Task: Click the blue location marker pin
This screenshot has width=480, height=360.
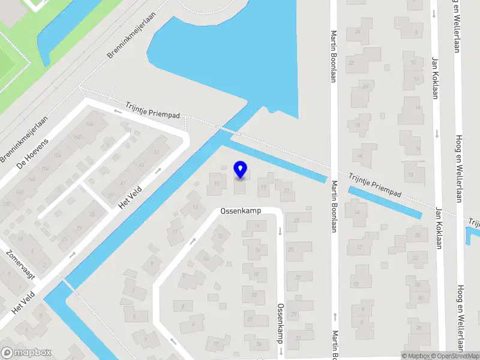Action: (x=241, y=169)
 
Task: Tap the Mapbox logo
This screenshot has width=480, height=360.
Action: (x=26, y=353)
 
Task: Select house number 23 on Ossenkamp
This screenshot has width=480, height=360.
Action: (x=296, y=221)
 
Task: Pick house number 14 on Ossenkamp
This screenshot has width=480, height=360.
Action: (x=257, y=225)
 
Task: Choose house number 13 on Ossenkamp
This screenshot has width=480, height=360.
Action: (x=196, y=207)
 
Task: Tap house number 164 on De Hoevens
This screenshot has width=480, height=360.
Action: (x=90, y=124)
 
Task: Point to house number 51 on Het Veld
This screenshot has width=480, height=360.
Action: (x=157, y=152)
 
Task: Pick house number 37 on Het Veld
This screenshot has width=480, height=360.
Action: (x=111, y=195)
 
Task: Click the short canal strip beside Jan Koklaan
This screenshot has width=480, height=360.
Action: (x=384, y=202)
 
